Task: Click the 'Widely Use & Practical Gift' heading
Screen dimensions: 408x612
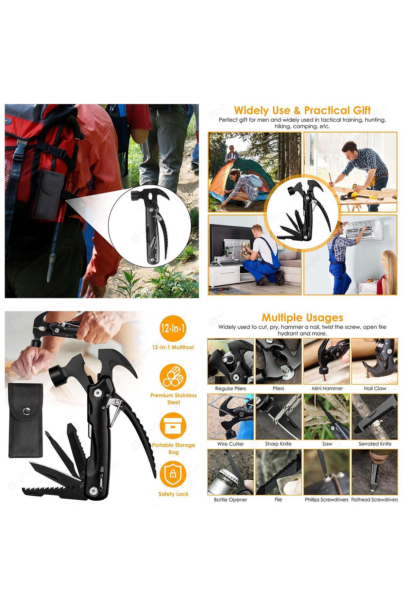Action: tap(302, 111)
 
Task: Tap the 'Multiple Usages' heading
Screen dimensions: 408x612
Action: tap(302, 318)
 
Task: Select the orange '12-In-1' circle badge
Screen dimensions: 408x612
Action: tap(173, 329)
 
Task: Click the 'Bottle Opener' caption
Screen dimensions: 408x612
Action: tap(231, 499)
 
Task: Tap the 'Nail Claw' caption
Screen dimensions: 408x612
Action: tap(375, 388)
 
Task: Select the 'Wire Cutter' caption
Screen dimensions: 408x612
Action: tap(231, 444)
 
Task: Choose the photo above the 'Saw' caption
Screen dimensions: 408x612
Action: tap(327, 417)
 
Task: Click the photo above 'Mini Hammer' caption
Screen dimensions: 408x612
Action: tap(327, 361)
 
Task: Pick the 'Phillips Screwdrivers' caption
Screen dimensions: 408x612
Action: tap(327, 499)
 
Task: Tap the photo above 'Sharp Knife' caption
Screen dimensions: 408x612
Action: tap(278, 417)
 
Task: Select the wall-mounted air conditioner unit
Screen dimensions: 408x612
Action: tap(369, 230)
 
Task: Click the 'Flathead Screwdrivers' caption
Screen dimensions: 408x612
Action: tap(374, 499)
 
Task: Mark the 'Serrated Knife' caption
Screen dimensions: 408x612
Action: tap(375, 444)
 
